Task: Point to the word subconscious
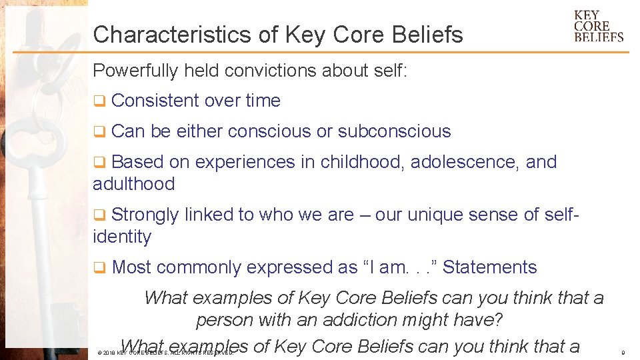(394, 131)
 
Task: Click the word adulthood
(133, 184)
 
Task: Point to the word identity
(122, 237)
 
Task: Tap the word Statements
(489, 267)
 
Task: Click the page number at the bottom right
(622, 352)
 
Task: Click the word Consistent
(155, 101)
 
